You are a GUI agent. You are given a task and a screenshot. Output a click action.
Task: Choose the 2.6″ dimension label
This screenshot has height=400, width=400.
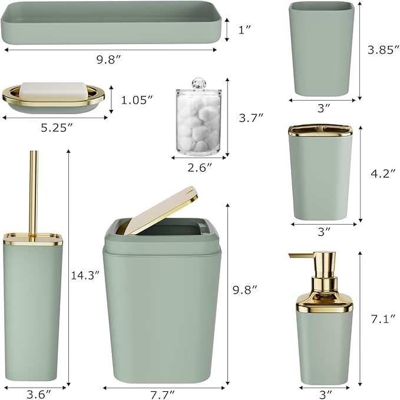[x=200, y=168]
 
